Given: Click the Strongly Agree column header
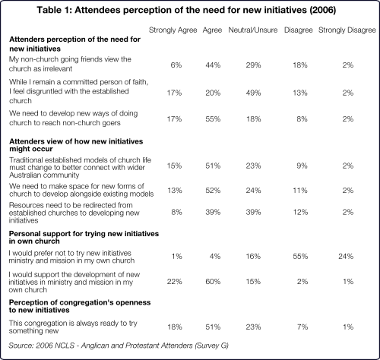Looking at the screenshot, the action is tap(173, 30).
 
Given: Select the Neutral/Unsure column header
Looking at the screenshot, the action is tap(253, 30).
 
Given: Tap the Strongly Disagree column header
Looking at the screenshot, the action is tap(347, 30).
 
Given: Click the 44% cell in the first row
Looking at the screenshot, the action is tap(213, 65).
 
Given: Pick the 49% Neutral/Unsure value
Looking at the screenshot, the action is tap(253, 93).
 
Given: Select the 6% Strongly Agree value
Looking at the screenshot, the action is tap(176, 65).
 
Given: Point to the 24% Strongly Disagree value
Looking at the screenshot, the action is tap(346, 256).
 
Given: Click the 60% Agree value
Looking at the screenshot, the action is tap(213, 282).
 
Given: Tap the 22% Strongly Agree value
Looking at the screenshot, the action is tap(174, 282).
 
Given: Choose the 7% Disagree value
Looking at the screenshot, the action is tap(302, 327).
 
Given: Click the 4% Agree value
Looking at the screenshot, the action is tap(215, 256).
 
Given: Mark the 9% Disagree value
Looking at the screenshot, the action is tap(302, 166).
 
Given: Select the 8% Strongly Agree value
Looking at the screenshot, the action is tap(176, 212).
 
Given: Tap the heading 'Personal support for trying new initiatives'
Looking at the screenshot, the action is tap(84, 233).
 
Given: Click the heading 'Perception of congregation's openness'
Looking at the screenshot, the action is tap(80, 302).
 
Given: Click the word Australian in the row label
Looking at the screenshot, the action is tap(27, 175).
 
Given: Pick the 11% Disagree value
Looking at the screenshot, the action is tap(300, 191).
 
